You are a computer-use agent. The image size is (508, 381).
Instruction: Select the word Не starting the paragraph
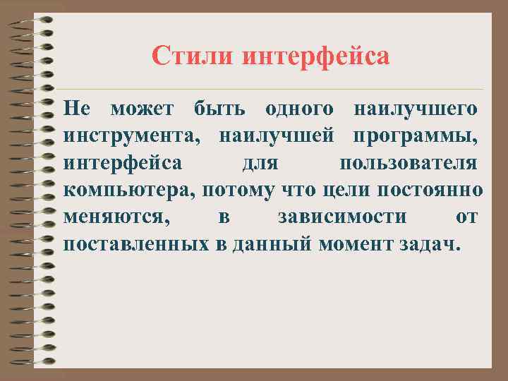[x=76, y=109]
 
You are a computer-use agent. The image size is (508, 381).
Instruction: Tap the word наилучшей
[x=277, y=137]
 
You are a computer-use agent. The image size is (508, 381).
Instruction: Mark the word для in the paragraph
[x=261, y=164]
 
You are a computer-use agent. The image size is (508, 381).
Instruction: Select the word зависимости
[x=342, y=217]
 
